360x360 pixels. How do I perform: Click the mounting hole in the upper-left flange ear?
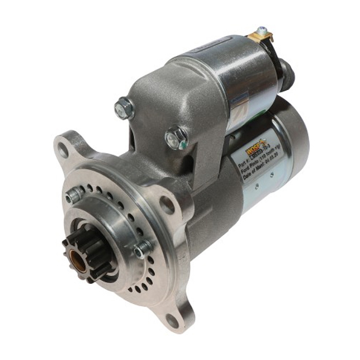coord(63,150)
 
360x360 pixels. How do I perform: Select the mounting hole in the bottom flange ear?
coord(172,321)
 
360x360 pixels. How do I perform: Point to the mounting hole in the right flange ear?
coord(167,205)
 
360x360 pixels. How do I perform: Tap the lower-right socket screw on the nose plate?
coord(141,250)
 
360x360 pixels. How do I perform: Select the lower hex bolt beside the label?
coord(176,137)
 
